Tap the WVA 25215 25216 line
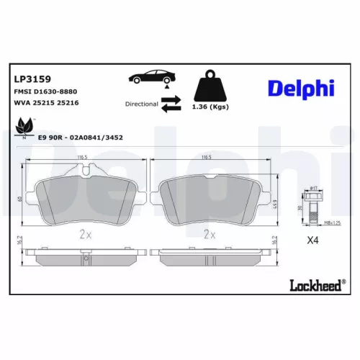46,103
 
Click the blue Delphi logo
300,88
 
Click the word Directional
141,104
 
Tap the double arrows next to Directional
171,104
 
